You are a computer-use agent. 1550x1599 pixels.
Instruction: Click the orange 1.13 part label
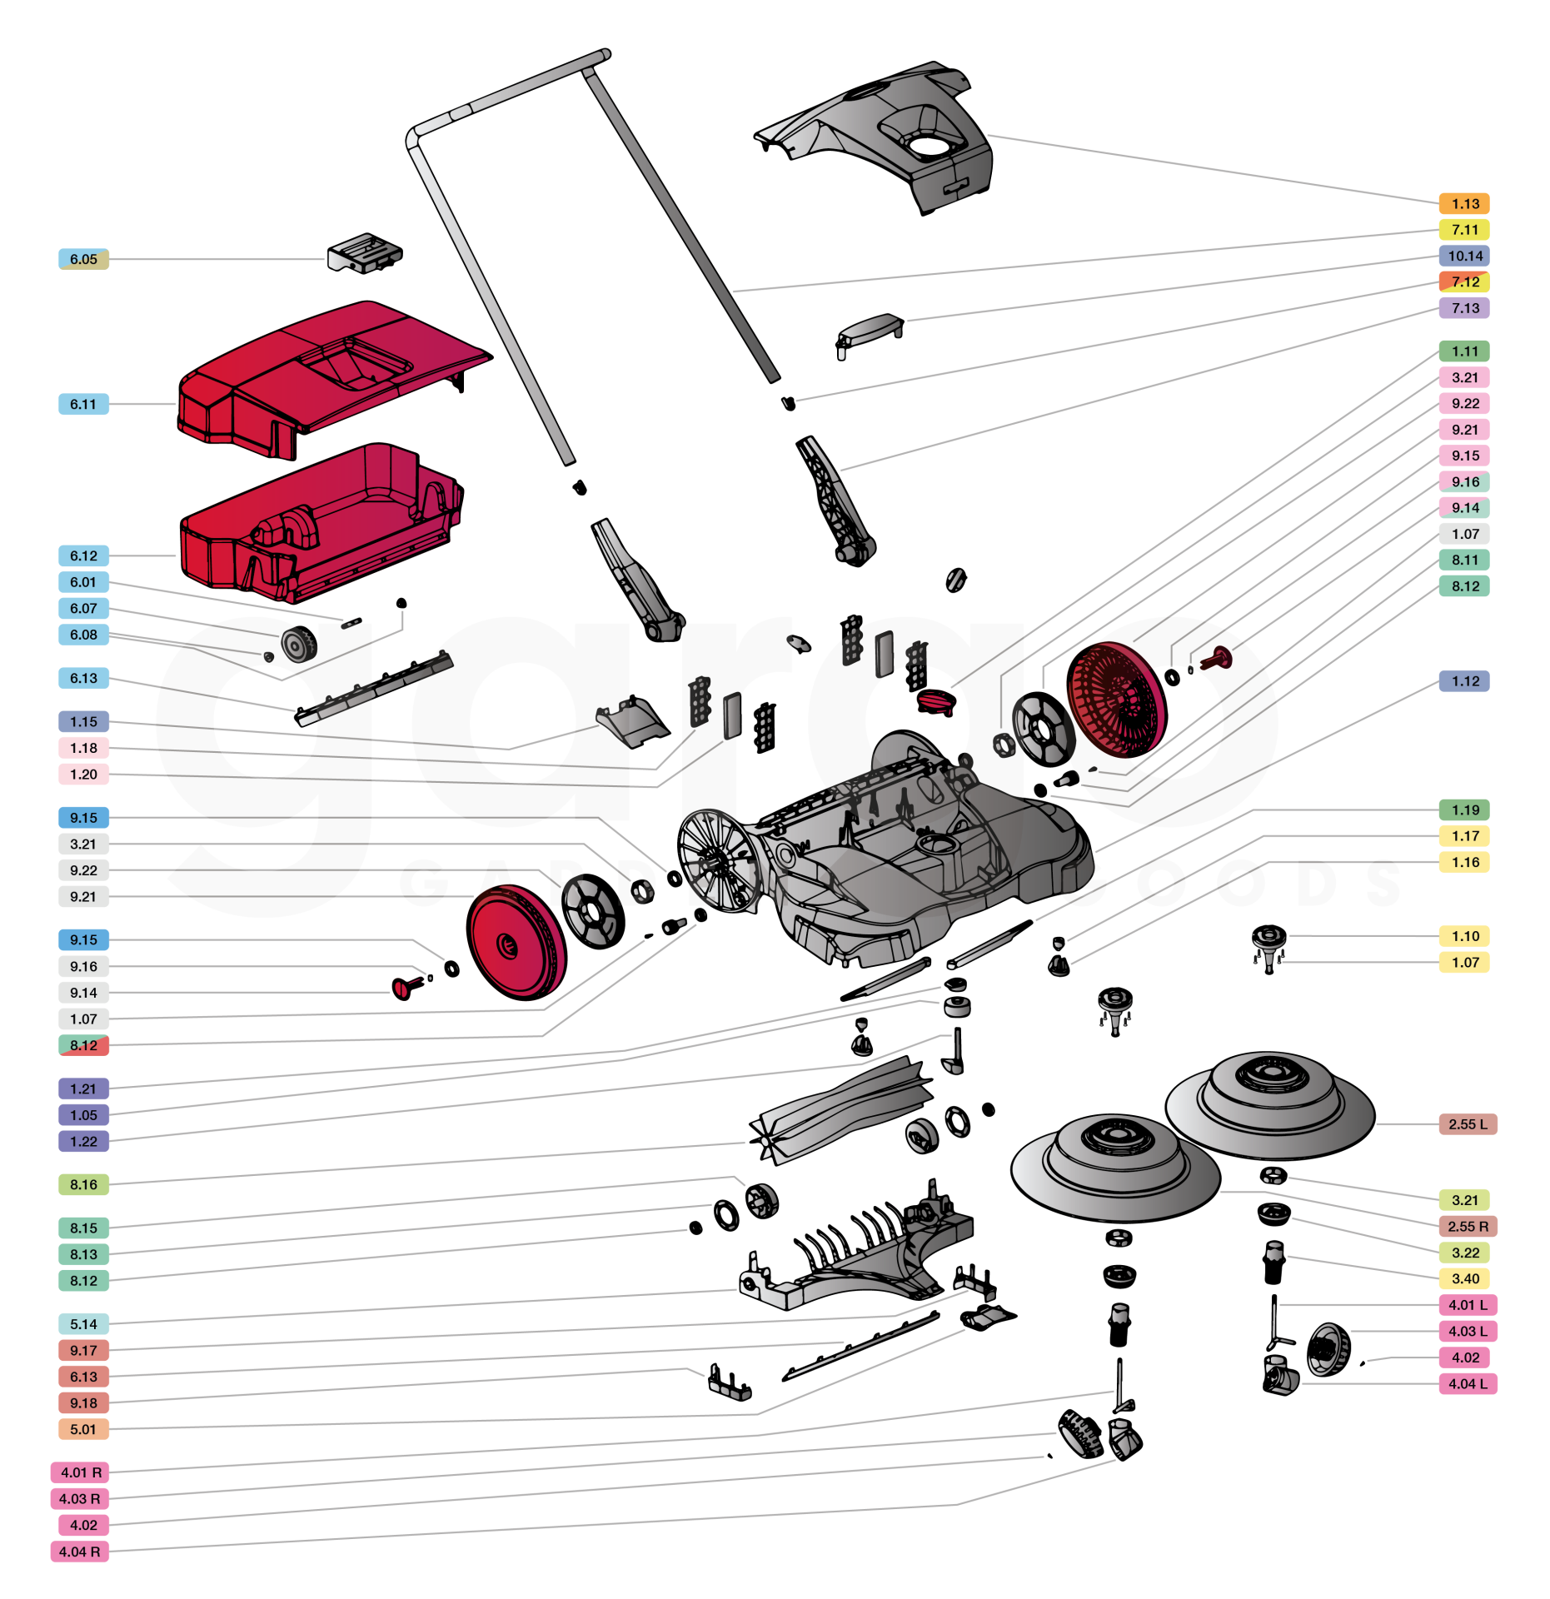pyautogui.click(x=1464, y=204)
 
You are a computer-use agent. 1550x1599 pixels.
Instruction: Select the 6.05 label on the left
pyautogui.click(x=83, y=259)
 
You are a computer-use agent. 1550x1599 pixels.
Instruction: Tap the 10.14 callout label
pyautogui.click(x=1464, y=256)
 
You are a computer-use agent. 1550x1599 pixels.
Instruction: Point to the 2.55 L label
pyautogui.click(x=1467, y=1124)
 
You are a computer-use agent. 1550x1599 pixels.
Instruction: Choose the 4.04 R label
pyautogui.click(x=80, y=1552)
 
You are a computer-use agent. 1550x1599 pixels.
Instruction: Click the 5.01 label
pyautogui.click(x=83, y=1429)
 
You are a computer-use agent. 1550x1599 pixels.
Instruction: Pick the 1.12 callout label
pyautogui.click(x=1464, y=681)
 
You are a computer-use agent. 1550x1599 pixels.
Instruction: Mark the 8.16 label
pyautogui.click(x=83, y=1184)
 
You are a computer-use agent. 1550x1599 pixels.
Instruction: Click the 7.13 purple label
pyautogui.click(x=1464, y=308)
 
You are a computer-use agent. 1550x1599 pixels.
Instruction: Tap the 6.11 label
pyautogui.click(x=83, y=404)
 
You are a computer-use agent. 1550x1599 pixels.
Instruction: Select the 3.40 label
pyautogui.click(x=1464, y=1278)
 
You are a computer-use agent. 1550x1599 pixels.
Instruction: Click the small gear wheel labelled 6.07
pyautogui.click(x=298, y=644)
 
